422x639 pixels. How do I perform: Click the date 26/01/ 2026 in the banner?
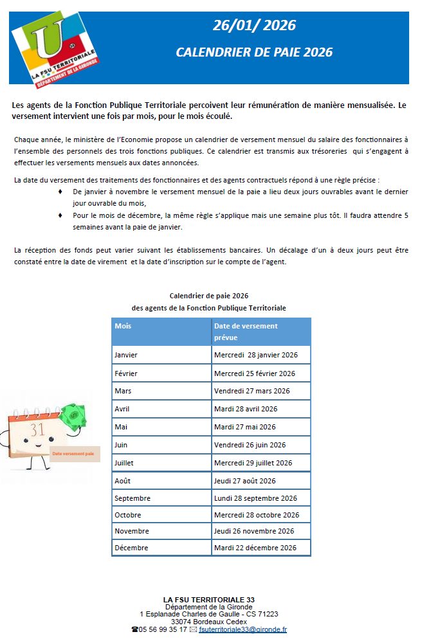coord(255,26)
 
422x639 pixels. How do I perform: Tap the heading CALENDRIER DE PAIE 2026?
coord(254,52)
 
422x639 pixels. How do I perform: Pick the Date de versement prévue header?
coord(246,331)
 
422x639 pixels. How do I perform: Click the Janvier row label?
coord(126,355)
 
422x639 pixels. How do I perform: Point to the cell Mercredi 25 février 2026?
coord(255,373)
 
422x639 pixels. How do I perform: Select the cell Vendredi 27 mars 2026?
coord(252,391)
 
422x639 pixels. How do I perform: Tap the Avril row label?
coord(122,409)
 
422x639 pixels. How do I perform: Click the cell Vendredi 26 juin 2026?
coord(250,445)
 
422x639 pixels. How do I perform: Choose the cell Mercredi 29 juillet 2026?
coord(253,463)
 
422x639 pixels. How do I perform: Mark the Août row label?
coord(123,481)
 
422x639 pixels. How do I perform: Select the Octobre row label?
coord(128,515)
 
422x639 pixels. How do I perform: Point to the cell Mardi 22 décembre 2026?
coord(255,548)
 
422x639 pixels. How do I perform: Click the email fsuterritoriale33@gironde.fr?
coord(243,629)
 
